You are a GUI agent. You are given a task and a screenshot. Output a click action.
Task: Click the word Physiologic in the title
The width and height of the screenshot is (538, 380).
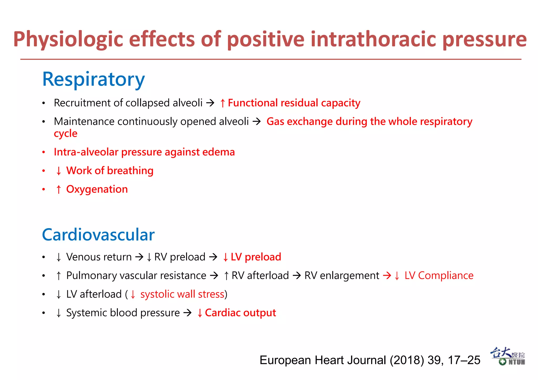coord(68,39)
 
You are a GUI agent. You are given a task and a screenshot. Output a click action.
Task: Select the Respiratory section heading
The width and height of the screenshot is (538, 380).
coord(94,79)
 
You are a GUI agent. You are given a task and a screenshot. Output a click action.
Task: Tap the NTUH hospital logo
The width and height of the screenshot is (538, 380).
coord(508,356)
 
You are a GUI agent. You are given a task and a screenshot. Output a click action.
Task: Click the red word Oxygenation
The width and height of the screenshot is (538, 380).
coord(97,189)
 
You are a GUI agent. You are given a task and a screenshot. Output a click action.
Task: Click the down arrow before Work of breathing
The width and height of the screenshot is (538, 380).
coord(59,171)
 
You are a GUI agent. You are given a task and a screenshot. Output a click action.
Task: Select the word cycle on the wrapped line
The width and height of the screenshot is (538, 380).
coord(66,134)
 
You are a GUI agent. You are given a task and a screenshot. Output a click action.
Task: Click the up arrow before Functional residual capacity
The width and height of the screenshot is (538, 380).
coord(223,103)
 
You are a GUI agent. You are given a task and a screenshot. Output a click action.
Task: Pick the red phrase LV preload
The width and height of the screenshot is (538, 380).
coord(256,257)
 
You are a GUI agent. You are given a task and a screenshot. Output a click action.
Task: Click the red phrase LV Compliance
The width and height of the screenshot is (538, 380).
coord(439,275)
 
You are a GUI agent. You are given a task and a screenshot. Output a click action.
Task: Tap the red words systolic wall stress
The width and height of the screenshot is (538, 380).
coord(182,294)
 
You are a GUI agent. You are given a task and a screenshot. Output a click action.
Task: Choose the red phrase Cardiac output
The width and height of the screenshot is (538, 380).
coord(240,313)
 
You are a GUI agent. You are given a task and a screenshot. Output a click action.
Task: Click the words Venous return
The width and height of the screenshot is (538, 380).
coord(99,257)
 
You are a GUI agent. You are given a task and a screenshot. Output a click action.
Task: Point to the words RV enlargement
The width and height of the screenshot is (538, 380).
coord(342,275)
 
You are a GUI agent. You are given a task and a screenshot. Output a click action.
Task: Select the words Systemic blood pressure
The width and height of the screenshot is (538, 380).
coord(123,313)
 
